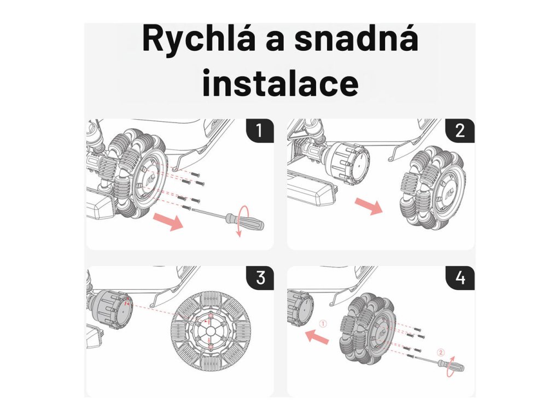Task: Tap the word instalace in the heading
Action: point(281,83)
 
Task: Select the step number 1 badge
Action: point(260,131)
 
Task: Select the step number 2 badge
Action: point(460,131)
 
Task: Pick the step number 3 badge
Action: point(260,278)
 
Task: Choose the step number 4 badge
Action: point(460,278)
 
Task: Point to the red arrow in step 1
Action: point(168,221)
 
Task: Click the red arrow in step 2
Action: point(369,206)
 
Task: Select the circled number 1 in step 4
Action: point(323,324)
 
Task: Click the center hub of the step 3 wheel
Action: point(209,331)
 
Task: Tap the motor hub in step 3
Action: point(112,308)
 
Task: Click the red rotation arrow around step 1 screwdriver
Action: point(240,221)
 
